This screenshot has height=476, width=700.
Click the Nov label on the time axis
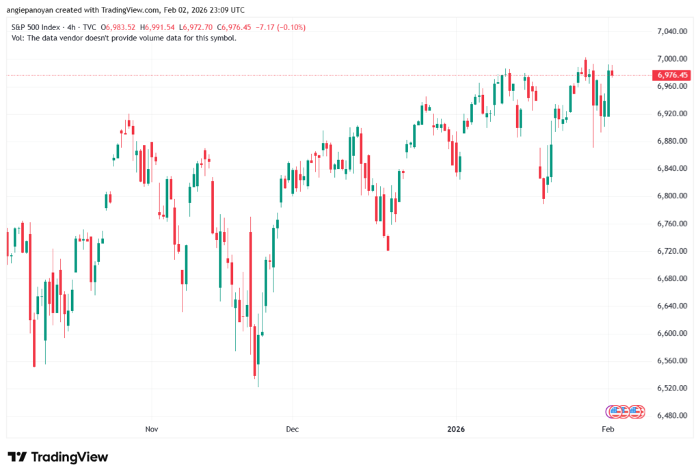[x=152, y=429]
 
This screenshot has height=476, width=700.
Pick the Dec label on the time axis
[x=292, y=429]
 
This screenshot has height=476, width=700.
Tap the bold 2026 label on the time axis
[x=455, y=429]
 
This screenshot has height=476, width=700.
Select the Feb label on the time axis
[x=608, y=429]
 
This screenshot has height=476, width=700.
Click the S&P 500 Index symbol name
[x=35, y=27]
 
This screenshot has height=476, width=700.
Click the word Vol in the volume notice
[x=18, y=38]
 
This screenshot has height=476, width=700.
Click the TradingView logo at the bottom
[x=57, y=457]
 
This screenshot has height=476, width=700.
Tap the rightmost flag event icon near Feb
[x=636, y=412]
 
